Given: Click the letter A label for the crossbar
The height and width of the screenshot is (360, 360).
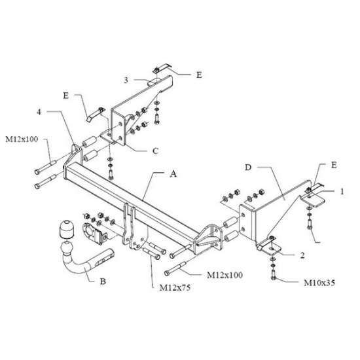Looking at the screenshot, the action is click(x=173, y=174).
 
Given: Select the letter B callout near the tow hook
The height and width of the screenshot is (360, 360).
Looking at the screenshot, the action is click(x=103, y=281).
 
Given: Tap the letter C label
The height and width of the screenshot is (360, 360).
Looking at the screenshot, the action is click(x=155, y=151).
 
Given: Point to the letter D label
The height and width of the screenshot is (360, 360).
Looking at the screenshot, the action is click(x=248, y=168).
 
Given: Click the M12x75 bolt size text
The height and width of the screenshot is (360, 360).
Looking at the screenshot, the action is click(x=175, y=288).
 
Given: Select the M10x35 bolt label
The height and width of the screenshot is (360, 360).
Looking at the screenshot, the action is click(x=319, y=283).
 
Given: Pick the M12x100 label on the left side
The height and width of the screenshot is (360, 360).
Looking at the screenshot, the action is click(x=22, y=139).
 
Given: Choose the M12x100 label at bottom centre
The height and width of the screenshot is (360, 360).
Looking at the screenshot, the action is click(x=225, y=275).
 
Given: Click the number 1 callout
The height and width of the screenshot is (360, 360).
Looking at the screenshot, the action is click(x=342, y=191).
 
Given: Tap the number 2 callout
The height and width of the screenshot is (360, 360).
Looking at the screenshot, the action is click(x=302, y=255).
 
